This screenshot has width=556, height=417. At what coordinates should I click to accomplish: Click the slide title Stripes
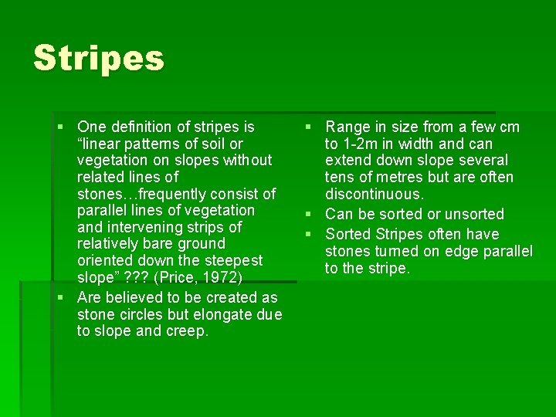99,59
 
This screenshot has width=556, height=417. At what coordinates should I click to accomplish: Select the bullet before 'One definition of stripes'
61,127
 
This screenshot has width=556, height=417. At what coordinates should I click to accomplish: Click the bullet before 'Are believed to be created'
61,298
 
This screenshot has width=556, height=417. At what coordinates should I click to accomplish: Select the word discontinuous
375,194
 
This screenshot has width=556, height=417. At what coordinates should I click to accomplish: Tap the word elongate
224,314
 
